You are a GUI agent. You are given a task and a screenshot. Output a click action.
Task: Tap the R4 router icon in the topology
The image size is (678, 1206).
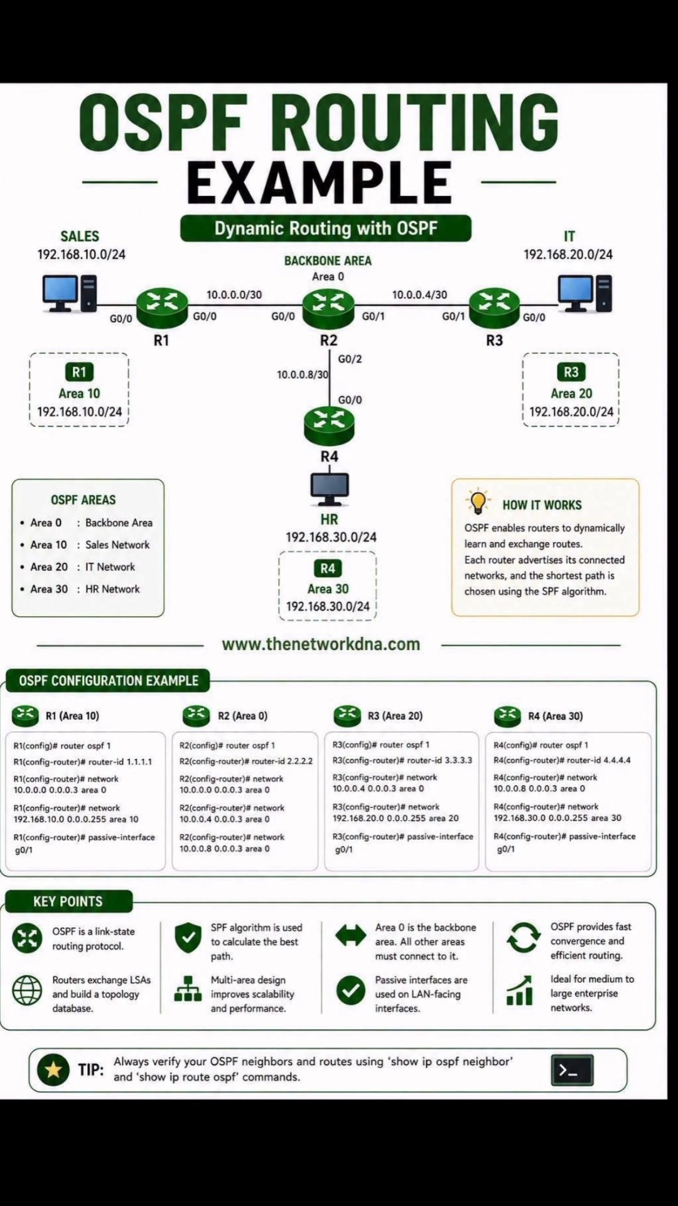[329, 426]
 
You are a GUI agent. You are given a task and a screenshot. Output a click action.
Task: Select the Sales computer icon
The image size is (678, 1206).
[70, 293]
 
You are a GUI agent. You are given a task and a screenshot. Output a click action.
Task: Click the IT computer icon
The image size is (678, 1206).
[585, 293]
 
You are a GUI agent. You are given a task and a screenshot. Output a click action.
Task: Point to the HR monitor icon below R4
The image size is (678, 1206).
[330, 489]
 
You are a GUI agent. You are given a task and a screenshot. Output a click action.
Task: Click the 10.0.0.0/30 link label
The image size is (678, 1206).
[234, 295]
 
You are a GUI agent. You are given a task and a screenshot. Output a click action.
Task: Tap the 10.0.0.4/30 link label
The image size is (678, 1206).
[420, 295]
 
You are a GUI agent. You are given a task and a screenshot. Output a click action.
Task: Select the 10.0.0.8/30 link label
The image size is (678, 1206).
[303, 374]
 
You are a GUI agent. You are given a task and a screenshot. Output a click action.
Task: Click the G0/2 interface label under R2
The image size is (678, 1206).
[350, 359]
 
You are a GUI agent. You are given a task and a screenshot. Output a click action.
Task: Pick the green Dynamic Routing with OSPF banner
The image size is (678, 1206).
[326, 229]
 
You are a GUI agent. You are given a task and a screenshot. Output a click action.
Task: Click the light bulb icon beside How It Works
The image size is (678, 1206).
[478, 501]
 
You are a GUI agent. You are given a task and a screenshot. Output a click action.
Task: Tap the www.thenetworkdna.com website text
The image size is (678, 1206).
[321, 644]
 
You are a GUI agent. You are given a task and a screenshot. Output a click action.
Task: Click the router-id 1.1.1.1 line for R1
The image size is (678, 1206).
[83, 762]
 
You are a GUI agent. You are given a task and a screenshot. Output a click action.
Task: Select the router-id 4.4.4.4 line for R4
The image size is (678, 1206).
[562, 760]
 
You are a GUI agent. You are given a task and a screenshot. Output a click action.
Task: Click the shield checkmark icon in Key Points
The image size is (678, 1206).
[188, 938]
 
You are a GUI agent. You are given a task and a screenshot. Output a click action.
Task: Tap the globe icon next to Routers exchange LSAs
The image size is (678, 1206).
[27, 991]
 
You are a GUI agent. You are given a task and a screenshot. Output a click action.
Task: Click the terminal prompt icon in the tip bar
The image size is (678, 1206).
[572, 1070]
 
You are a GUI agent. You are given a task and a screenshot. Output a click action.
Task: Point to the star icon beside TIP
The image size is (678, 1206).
[53, 1070]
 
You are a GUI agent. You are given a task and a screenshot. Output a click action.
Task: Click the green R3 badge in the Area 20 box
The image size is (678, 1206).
[571, 372]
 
